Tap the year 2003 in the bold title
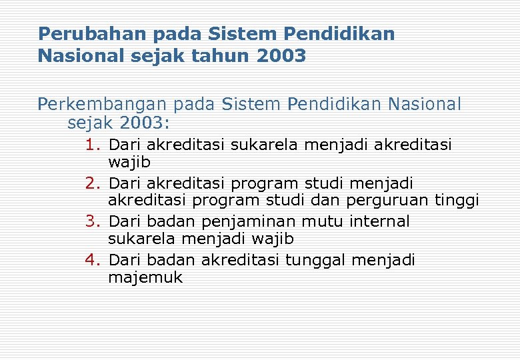(x=281, y=55)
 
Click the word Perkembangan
(x=103, y=105)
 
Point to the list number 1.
(x=92, y=144)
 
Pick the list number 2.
(x=92, y=183)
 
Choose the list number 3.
(x=92, y=221)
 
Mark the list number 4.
(x=92, y=260)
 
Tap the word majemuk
(x=145, y=278)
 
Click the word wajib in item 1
(x=129, y=162)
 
